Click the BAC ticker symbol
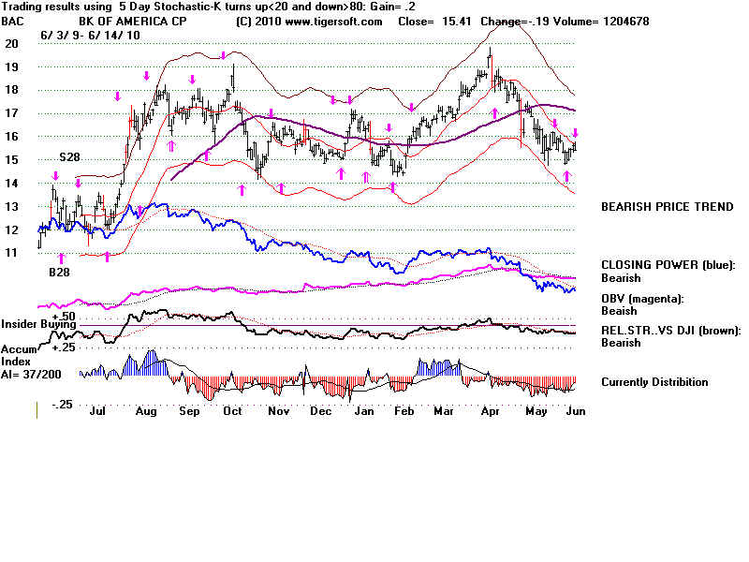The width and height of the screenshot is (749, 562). (14, 21)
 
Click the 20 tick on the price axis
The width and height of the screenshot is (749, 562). (11, 43)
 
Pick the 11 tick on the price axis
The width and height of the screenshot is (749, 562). (11, 253)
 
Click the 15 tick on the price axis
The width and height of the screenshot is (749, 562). (11, 160)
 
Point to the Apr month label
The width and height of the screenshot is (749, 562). (489, 410)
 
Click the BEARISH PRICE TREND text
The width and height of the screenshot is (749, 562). (667, 207)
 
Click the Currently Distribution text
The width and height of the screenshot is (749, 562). (654, 382)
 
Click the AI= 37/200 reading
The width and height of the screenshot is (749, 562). (35, 373)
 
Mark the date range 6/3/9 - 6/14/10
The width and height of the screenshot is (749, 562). (86, 35)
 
